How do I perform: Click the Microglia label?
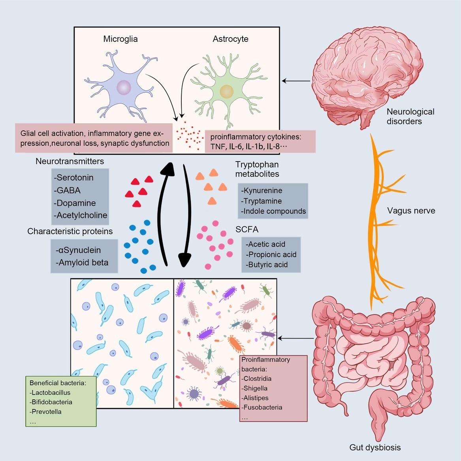[120, 39]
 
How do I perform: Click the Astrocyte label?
[230, 39]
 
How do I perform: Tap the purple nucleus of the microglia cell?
[124, 87]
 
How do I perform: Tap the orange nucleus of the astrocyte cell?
[226, 91]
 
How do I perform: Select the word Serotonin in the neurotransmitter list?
[75, 178]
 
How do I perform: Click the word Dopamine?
[76, 203]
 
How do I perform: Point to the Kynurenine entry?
[263, 191]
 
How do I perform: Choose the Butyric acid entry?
[268, 265]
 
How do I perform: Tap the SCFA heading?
[247, 230]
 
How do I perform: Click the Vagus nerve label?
[411, 211]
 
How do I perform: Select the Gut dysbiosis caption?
[375, 448]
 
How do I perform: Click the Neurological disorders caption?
[410, 117]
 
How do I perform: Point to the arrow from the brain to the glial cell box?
[296, 81]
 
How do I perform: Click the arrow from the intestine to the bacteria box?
[296, 338]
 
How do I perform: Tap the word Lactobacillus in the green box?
[51, 393]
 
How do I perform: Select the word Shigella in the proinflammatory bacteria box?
[255, 388]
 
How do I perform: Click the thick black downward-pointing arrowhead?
[184, 260]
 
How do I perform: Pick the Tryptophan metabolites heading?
[257, 169]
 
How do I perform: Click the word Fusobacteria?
[263, 407]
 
